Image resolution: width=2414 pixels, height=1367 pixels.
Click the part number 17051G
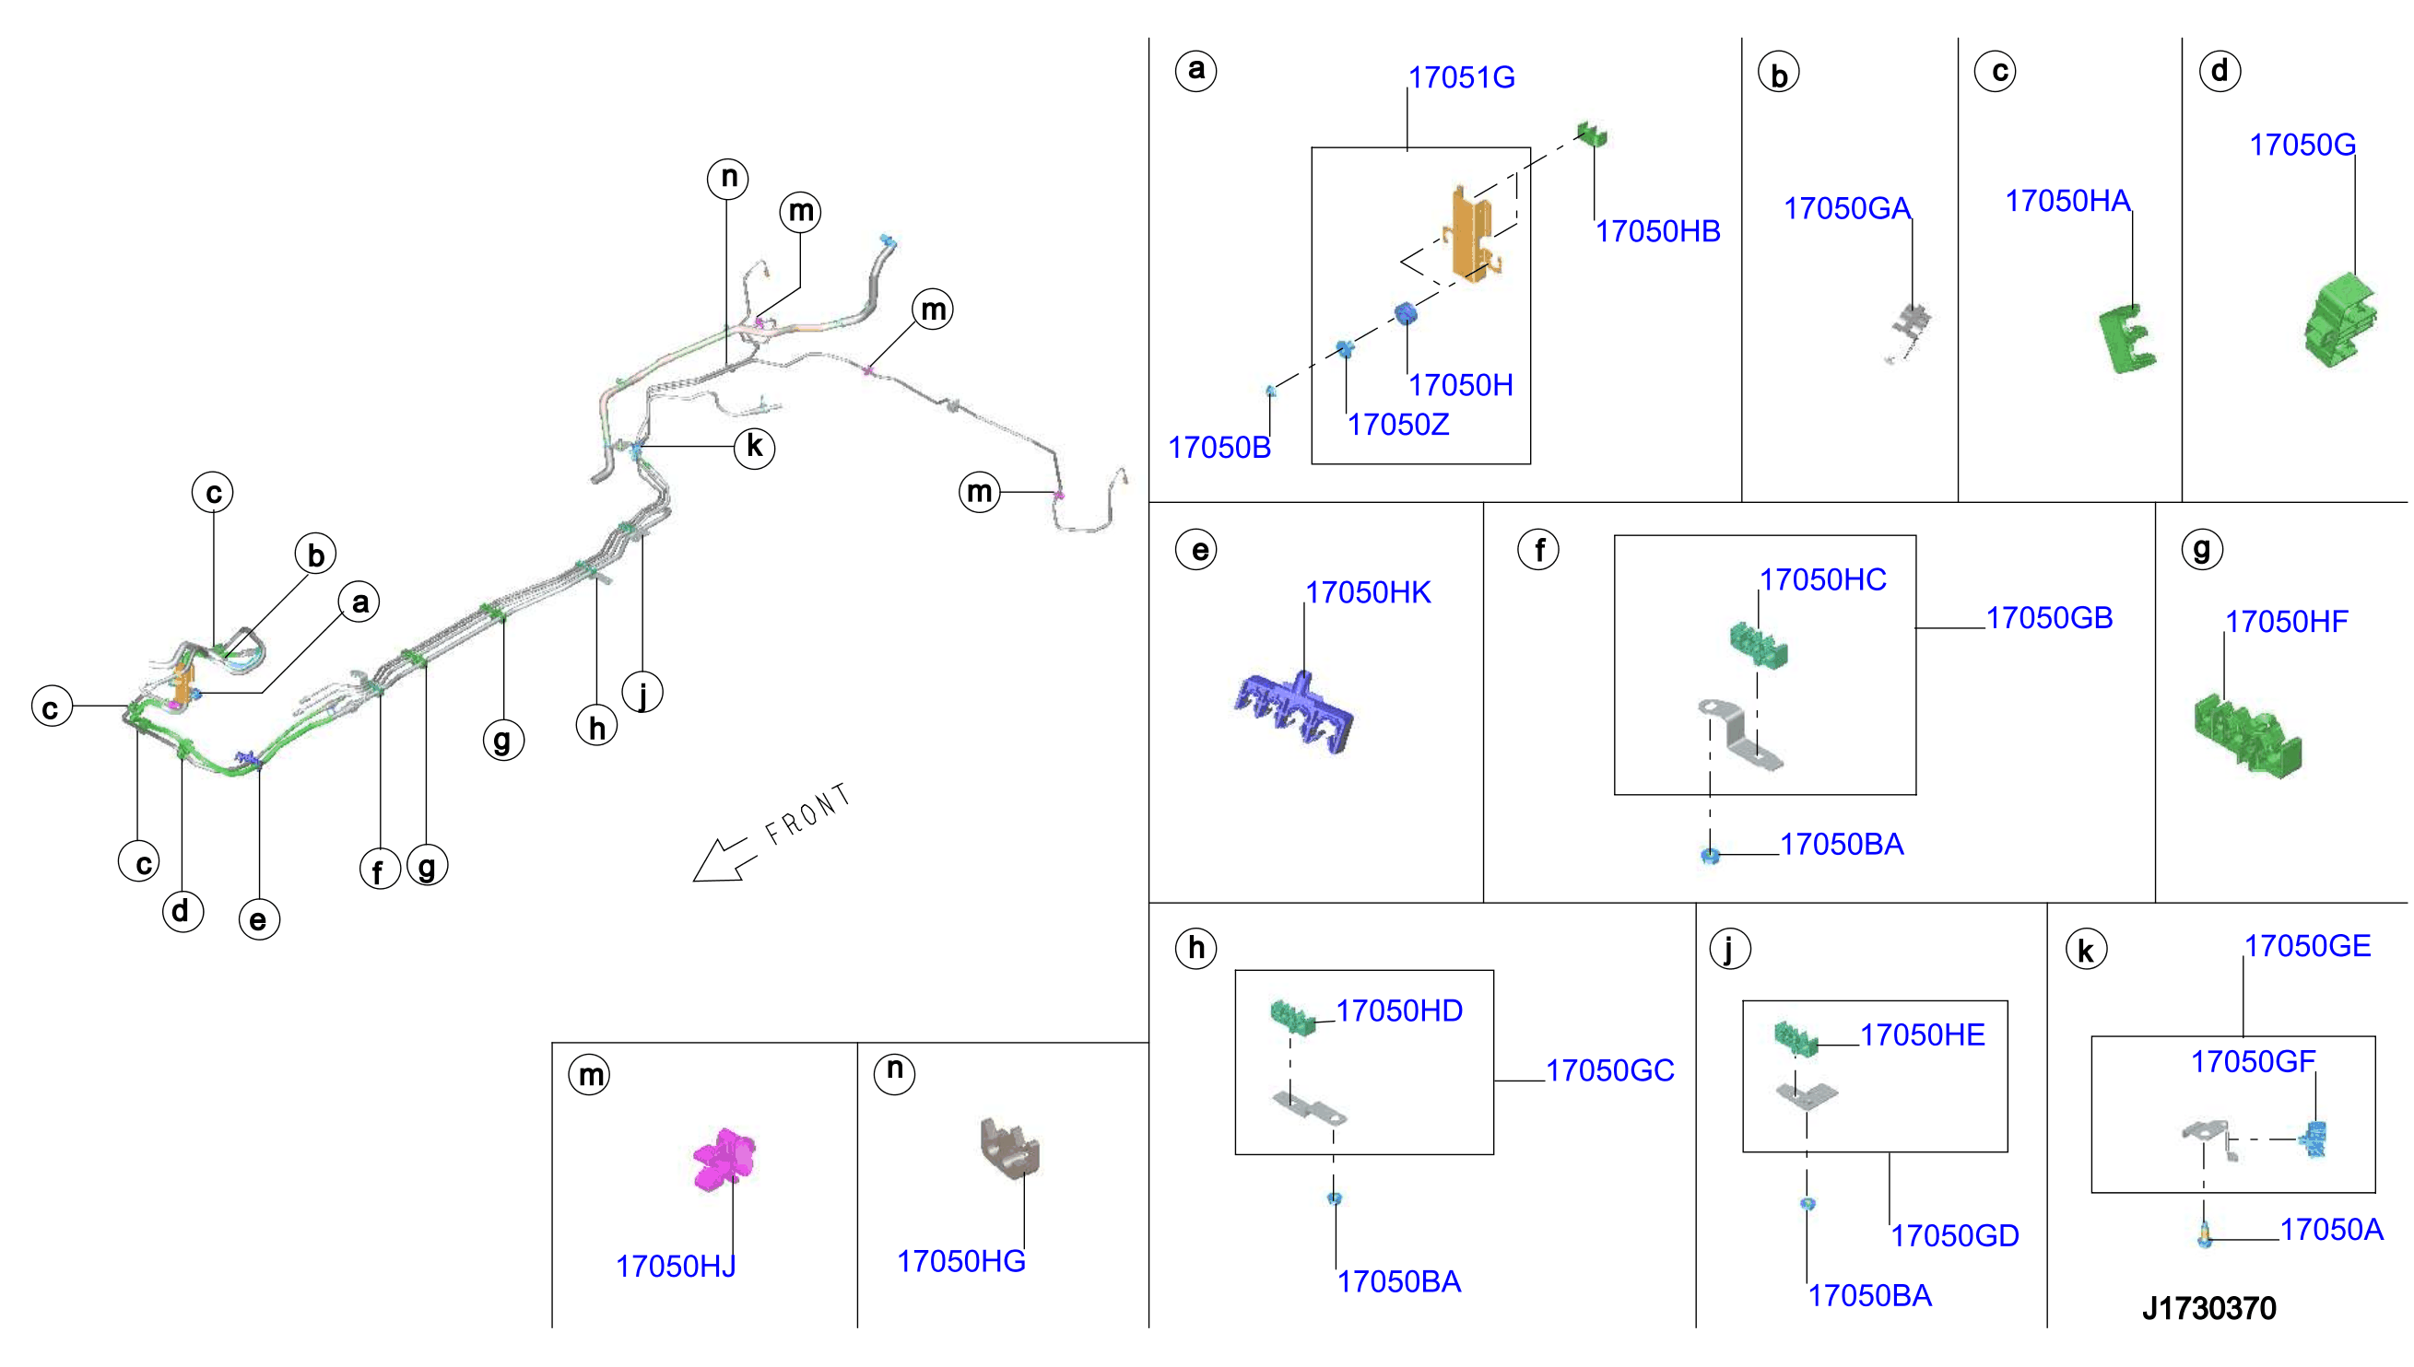tap(1461, 77)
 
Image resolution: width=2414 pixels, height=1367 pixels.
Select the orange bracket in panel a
tap(1472, 235)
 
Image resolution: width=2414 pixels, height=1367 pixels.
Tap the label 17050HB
tap(1657, 231)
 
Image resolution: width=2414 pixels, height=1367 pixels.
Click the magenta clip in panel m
tap(724, 1161)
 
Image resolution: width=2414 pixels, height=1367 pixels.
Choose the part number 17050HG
tap(961, 1261)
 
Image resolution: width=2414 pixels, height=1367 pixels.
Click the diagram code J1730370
tap(2208, 1308)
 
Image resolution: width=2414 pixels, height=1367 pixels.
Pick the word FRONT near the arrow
tap(807, 814)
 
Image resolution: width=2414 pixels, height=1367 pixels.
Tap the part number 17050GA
tap(1846, 208)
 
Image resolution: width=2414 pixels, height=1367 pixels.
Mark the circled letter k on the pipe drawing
tap(754, 447)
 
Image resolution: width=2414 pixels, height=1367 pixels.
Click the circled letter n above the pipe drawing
tap(728, 178)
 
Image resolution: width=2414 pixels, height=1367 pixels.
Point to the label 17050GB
tap(2049, 618)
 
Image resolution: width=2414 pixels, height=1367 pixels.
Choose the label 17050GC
tap(1609, 1070)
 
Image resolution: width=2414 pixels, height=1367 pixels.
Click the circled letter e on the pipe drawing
tap(259, 919)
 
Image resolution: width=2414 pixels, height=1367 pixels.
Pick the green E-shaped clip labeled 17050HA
tap(2126, 339)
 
